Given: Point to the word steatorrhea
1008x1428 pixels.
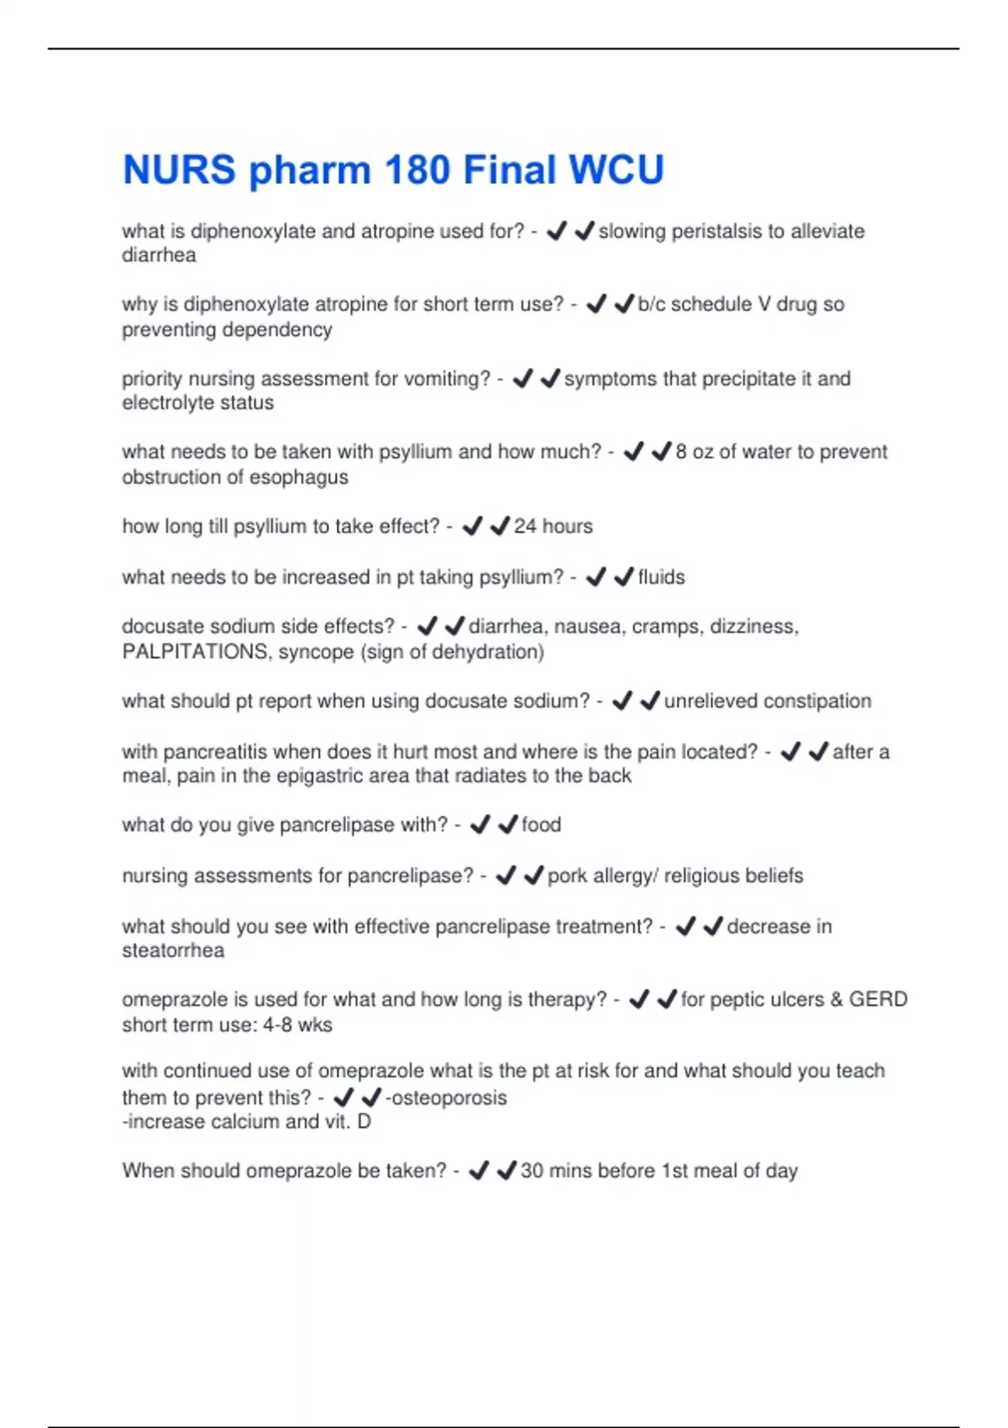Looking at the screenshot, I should pos(173,951).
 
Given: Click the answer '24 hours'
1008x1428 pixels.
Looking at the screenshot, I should pos(553,527).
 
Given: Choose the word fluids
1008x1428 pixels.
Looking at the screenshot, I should pos(661,577).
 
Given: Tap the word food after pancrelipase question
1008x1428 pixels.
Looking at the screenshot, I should pos(541,825).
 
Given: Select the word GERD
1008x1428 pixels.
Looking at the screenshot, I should pos(878,1000).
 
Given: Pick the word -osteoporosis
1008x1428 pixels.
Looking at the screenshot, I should pos(446,1098).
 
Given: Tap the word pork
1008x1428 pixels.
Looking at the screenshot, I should pos(567,876).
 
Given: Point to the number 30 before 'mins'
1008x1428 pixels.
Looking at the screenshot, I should pos(532,1171).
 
